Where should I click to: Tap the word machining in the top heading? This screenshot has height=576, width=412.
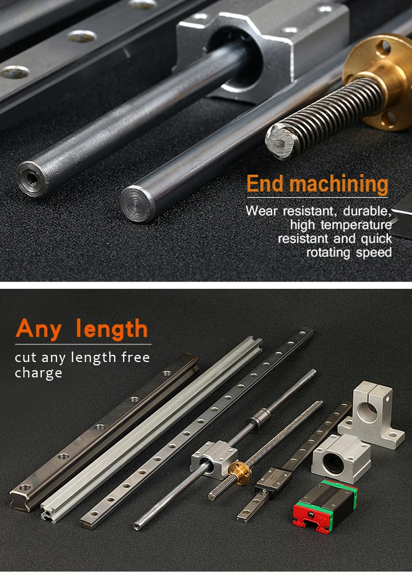(339, 185)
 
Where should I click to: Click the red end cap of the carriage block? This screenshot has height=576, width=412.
(308, 517)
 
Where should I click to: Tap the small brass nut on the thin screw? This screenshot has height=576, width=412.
(240, 470)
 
